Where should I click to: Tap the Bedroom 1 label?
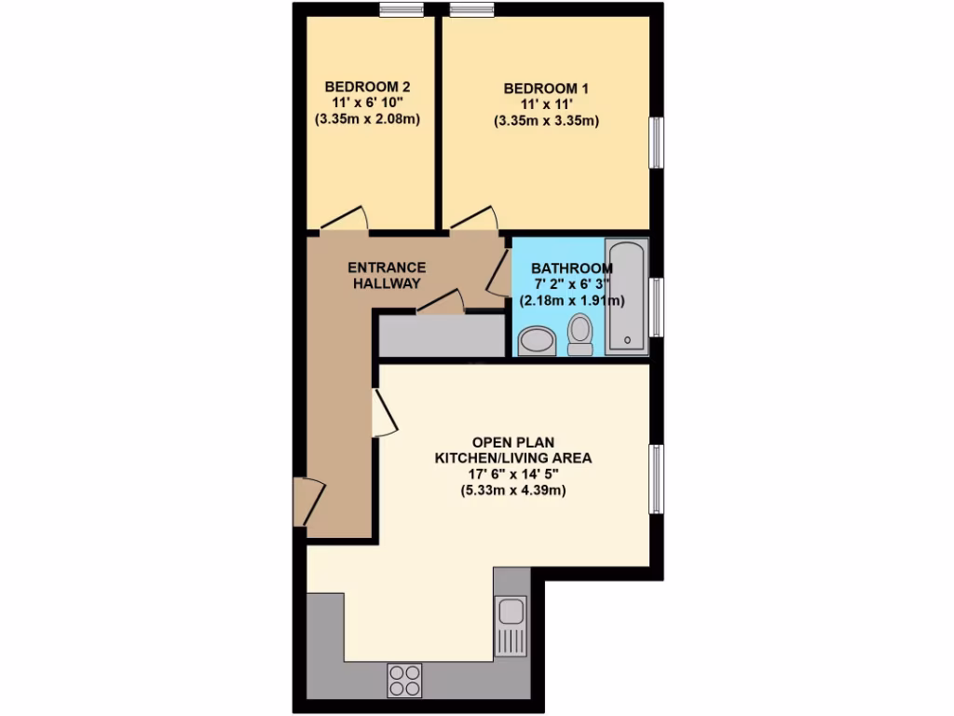[x=545, y=89]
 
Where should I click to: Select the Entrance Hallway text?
[x=386, y=275]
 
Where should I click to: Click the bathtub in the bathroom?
[x=626, y=296]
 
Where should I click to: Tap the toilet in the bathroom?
[x=580, y=335]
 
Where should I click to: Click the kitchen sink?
[x=511, y=613]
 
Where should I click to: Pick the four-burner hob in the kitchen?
[x=404, y=680]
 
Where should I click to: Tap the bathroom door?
[x=499, y=273]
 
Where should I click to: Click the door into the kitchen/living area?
[x=384, y=413]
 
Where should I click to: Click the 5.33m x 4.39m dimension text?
[x=513, y=490]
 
